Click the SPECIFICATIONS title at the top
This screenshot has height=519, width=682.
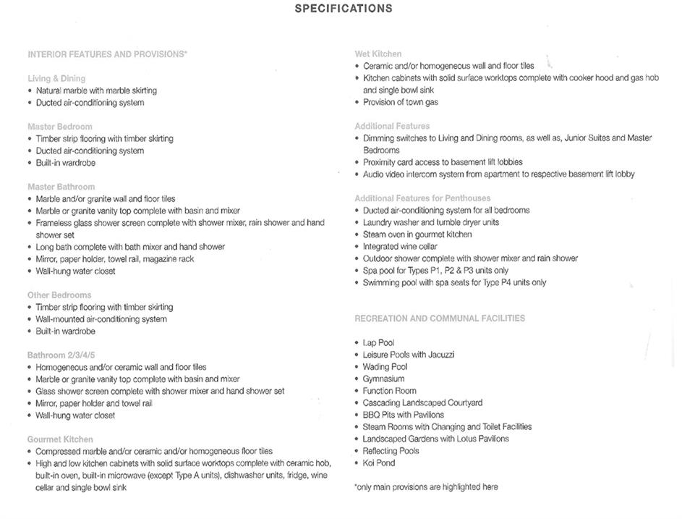click(344, 9)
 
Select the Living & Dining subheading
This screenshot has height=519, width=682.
click(56, 78)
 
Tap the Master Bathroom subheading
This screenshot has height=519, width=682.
click(61, 187)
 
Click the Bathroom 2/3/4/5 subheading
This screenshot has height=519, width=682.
click(61, 355)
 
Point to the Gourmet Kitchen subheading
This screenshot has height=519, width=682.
click(60, 439)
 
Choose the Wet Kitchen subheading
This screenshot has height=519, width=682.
click(378, 54)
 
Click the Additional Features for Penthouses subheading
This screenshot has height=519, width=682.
click(422, 198)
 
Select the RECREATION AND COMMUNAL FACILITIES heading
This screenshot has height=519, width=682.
click(440, 318)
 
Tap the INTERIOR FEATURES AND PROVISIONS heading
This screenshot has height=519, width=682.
click(107, 54)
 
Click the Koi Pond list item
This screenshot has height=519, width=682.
click(379, 463)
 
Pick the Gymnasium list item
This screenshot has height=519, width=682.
click(383, 379)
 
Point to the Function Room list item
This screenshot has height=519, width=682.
click(389, 391)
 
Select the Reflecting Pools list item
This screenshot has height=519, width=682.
click(391, 451)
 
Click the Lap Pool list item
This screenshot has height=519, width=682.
click(378, 342)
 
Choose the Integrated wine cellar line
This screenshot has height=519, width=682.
click(400, 247)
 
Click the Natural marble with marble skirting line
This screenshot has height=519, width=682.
click(96, 90)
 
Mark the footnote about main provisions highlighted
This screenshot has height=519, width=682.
click(426, 487)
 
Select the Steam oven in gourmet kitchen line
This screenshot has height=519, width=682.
click(417, 235)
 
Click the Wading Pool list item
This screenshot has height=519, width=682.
click(385, 367)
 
